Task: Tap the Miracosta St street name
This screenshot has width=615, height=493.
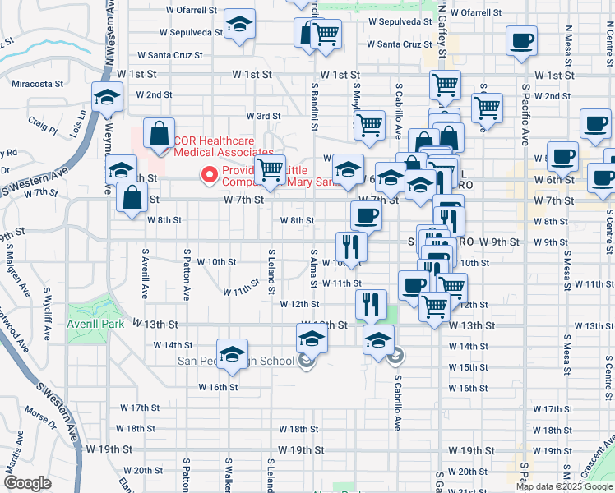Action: click(x=37, y=84)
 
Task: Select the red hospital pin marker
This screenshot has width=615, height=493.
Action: click(x=209, y=174)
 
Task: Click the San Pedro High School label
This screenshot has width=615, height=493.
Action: click(x=237, y=361)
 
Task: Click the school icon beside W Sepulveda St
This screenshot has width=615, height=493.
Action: click(x=239, y=25)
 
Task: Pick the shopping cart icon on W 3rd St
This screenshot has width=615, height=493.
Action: click(x=369, y=125)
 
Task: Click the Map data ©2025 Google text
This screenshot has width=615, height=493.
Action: click(x=565, y=486)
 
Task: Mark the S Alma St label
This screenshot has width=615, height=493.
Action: click(x=313, y=266)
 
